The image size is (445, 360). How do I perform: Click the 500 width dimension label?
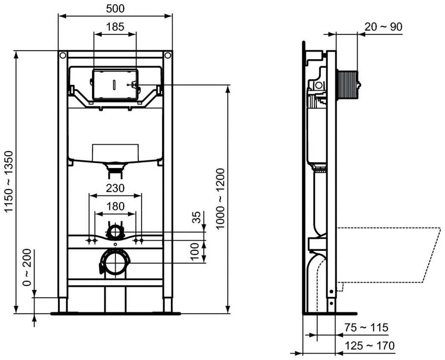[x=115, y=8]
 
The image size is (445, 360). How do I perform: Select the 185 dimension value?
[x=115, y=27]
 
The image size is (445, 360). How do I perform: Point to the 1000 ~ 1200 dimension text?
[x=220, y=199]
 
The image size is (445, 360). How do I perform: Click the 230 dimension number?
[x=115, y=188]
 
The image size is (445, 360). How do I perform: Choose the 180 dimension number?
[x=115, y=206]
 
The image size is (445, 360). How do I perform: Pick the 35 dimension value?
[x=196, y=218]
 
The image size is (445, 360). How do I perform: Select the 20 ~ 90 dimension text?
[x=383, y=27]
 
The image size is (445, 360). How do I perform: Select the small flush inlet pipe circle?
[x=114, y=232]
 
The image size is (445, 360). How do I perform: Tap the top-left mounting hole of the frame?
[x=63, y=55]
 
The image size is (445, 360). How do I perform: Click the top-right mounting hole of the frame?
[x=168, y=55]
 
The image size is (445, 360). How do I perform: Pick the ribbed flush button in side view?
[x=348, y=85]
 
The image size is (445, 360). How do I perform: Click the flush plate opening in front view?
[x=115, y=84]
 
